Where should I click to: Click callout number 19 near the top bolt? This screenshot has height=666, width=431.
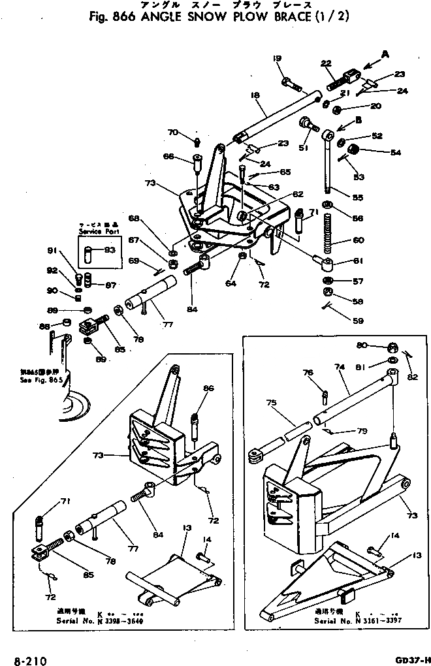(278, 59)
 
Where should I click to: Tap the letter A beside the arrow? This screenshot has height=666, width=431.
(385, 55)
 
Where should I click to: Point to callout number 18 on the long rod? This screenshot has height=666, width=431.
(255, 95)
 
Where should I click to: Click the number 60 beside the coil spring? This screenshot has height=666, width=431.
(377, 240)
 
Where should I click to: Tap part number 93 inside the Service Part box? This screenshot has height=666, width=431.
(109, 250)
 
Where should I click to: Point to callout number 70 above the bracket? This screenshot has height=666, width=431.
(172, 133)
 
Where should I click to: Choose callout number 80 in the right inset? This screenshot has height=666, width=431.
(379, 345)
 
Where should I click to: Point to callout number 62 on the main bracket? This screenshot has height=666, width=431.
(297, 194)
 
